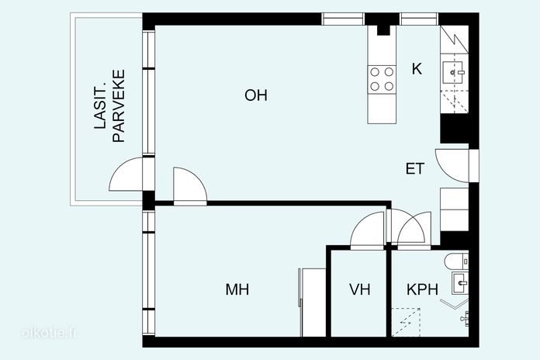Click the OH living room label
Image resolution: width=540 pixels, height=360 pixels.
tap(255, 95)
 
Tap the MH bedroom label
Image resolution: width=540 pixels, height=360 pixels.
tap(237, 289)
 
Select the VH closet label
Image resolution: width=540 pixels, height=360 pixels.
tap(359, 289)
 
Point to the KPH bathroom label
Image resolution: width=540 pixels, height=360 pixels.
tap(422, 289)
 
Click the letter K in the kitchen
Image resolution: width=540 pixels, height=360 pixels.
tap(417, 69)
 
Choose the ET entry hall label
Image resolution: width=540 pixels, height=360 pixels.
tap(415, 168)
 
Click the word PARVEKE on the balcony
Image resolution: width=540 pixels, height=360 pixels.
tap(119, 106)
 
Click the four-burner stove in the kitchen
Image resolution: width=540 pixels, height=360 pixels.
tap(382, 79)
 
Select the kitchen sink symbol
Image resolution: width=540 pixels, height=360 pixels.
tap(454, 72)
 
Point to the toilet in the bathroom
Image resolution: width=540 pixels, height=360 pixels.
tap(456, 261)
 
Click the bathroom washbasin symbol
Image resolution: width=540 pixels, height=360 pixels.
tap(460, 283)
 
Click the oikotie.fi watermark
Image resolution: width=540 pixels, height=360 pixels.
tap(48, 333)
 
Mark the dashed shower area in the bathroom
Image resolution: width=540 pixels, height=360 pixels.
tap(407, 322)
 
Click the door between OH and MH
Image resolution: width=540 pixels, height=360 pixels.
tap(190, 185)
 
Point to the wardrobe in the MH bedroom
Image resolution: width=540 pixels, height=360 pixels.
tap(313, 303)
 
